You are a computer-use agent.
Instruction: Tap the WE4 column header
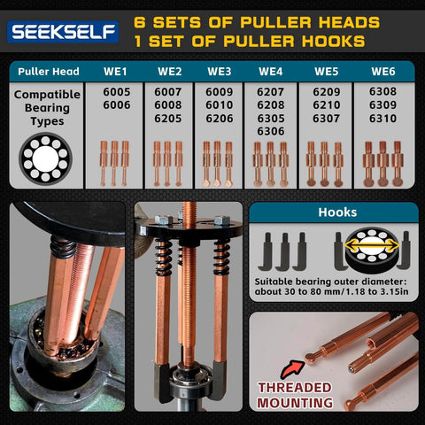pos(271,72)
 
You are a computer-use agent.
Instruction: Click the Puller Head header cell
pos(48,72)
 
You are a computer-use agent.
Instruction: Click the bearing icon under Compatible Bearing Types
pos(44,158)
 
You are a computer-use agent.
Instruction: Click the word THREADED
pos(294,388)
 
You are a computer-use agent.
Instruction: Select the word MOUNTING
pos(294,404)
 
